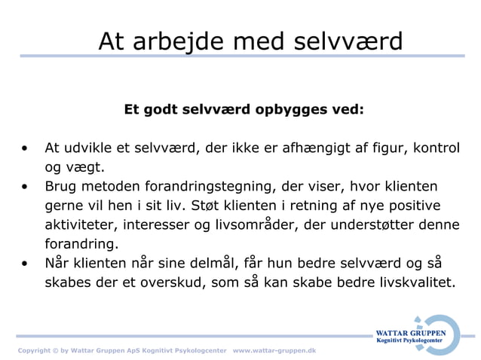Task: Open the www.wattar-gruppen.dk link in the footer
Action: (274, 351)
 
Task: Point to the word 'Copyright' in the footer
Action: (35, 351)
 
